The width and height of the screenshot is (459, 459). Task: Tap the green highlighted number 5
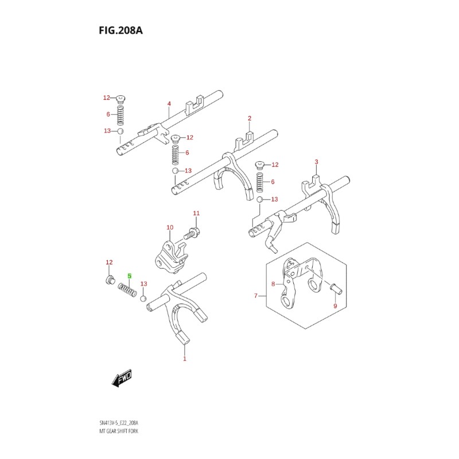click(x=130, y=276)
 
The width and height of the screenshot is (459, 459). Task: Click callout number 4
click(x=169, y=104)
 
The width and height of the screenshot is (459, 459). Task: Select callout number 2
click(x=250, y=119)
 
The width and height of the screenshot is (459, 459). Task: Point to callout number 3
click(x=316, y=162)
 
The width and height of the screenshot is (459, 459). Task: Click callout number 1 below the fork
click(x=185, y=359)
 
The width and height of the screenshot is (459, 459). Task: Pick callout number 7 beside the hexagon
click(x=256, y=296)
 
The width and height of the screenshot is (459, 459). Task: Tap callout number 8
click(x=274, y=283)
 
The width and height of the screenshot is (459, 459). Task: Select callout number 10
click(x=170, y=228)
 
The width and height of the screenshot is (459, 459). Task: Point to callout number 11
click(x=196, y=213)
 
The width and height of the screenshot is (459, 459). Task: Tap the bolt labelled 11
click(x=191, y=234)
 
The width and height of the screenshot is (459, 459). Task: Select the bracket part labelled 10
click(x=171, y=252)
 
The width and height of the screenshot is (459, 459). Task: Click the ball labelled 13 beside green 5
click(x=143, y=298)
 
